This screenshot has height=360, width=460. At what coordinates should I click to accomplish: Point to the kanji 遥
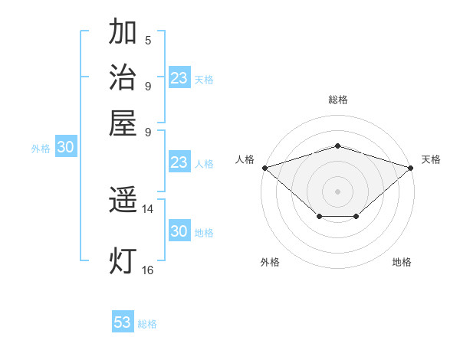coord(123,201)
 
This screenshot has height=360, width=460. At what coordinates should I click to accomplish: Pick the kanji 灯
coord(123,260)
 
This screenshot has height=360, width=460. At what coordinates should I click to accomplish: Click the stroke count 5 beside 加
coord(148,40)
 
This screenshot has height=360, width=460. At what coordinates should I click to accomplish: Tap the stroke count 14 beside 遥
coord(148,208)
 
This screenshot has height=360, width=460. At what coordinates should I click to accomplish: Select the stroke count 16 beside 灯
coord(148,269)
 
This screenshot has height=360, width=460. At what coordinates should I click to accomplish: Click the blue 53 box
coord(123,322)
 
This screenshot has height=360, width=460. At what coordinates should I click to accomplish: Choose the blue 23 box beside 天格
coord(179,78)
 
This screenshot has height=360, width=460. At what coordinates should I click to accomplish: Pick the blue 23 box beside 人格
coord(179,162)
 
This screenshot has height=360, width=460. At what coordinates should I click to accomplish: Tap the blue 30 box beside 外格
coord(65,148)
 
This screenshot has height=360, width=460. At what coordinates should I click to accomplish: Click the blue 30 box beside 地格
coord(179,231)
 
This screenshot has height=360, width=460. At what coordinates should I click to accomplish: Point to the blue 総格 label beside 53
coord(147,324)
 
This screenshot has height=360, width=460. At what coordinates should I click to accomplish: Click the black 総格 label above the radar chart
coord(338,100)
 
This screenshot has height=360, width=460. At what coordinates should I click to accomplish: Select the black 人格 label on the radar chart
coord(245,159)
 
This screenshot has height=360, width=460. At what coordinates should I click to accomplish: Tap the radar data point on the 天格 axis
coord(412,167)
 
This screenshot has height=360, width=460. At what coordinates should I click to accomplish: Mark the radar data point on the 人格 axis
coord(264,167)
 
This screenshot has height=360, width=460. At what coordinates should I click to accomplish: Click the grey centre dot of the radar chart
coord(338,191)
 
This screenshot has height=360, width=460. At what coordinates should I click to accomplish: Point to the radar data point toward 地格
coord(356,217)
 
